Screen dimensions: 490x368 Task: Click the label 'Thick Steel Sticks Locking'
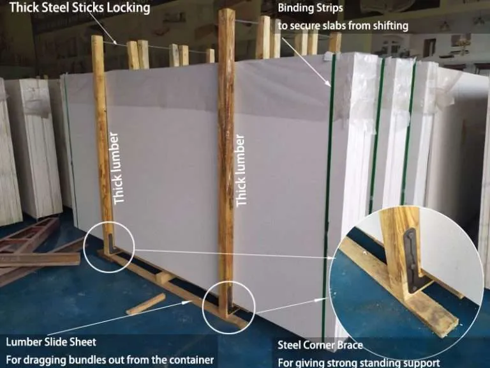(x=80, y=8)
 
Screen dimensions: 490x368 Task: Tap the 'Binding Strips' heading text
(x=310, y=8)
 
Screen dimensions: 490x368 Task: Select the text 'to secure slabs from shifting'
(x=343, y=26)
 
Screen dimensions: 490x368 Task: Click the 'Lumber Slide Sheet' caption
(x=51, y=342)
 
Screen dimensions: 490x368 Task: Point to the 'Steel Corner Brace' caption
(x=320, y=345)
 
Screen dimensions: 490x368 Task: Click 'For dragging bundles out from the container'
(x=110, y=360)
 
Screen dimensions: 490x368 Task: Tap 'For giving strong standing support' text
(x=359, y=363)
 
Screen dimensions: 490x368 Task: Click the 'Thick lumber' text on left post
(x=119, y=169)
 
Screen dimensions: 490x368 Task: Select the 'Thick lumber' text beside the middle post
(x=241, y=171)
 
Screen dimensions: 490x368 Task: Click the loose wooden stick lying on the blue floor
(x=146, y=304)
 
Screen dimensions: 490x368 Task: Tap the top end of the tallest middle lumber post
(x=226, y=11)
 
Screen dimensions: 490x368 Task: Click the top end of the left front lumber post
(x=97, y=38)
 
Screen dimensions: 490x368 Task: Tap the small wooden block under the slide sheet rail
(x=163, y=277)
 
